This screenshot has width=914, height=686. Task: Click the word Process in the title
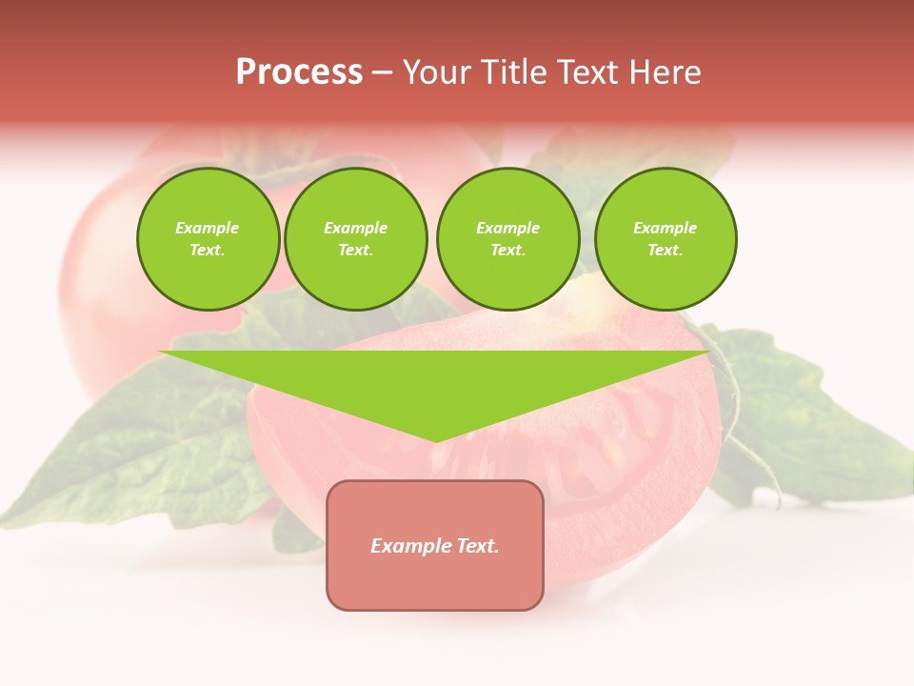[299, 72]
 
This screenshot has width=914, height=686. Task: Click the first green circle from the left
[208, 239]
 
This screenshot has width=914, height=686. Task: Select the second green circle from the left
[355, 239]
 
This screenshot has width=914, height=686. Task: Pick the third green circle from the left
[507, 239]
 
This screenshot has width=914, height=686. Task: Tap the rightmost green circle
[665, 239]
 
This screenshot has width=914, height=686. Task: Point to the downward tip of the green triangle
[436, 440]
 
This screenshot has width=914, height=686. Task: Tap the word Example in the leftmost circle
[208, 228]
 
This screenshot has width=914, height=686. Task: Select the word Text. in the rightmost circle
[665, 251]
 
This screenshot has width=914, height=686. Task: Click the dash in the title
[382, 72]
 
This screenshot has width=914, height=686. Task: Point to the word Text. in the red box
[476, 546]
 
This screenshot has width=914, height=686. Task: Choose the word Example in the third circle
[507, 228]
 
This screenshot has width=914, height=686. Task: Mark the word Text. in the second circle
[355, 251]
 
